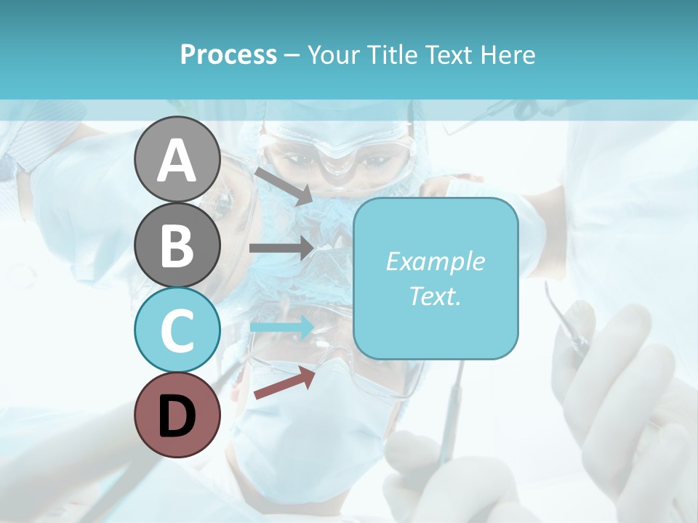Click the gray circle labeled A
[x=177, y=160]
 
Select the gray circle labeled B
[x=177, y=245]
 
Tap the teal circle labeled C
[x=177, y=330]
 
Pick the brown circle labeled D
[x=177, y=415]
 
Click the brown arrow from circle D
[x=284, y=384]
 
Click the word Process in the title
[x=228, y=55]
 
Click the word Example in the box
[x=435, y=261]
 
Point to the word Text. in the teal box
[x=435, y=296]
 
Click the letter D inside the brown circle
[x=177, y=416]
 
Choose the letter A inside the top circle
[x=177, y=161]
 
